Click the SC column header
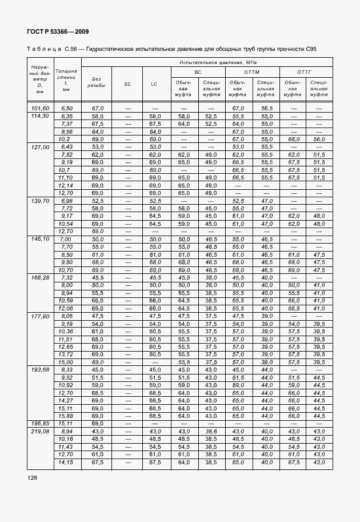pyautogui.click(x=127, y=84)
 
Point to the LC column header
pyautogui.click(x=154, y=84)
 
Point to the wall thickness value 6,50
pyautogui.click(x=66, y=108)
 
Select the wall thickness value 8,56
pyautogui.click(x=66, y=132)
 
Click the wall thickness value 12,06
pyautogui.click(x=66, y=308)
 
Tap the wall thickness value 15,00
pyautogui.click(x=66, y=362)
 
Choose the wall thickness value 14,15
pyautogui.click(x=66, y=461)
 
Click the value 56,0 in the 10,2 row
pyautogui.click(x=319, y=139)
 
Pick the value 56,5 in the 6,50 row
pyautogui.click(x=266, y=108)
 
